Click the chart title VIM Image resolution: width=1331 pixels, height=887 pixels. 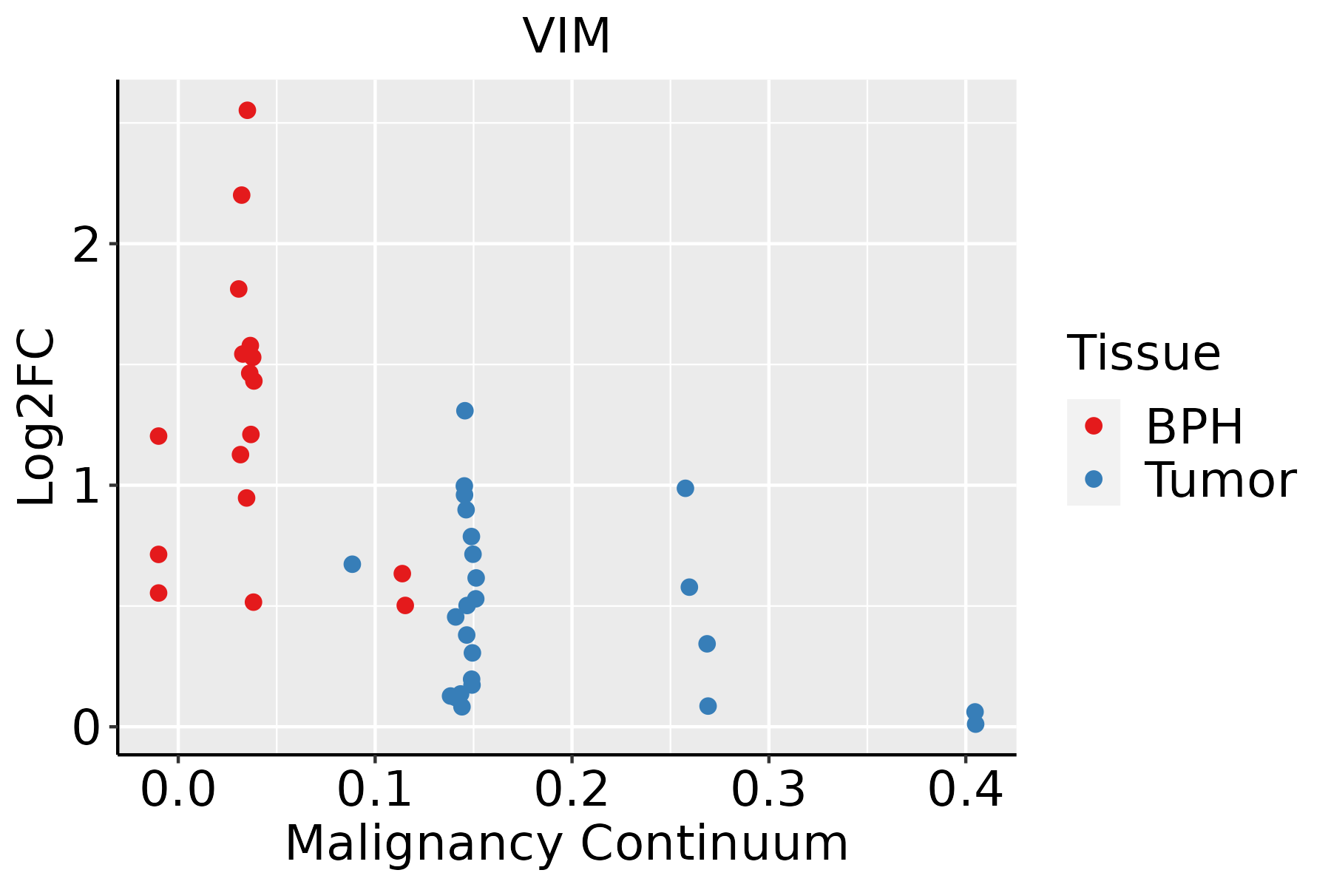566,36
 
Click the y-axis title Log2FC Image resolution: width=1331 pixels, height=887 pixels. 37,417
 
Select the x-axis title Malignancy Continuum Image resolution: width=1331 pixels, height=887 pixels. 566,843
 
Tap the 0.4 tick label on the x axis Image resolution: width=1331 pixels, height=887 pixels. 965,791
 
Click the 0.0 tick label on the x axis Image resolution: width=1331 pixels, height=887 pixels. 177,791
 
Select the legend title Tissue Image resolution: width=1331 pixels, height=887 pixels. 1144,353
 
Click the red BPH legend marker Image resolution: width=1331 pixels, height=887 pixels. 1093,425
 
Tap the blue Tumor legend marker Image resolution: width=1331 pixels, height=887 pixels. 1093,479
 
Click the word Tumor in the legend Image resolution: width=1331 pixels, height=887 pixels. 1220,480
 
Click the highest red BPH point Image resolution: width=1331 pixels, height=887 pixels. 247,110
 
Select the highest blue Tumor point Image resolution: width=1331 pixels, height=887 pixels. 464,410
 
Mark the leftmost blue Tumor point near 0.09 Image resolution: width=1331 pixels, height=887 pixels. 352,564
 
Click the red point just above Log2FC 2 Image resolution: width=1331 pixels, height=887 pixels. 241,195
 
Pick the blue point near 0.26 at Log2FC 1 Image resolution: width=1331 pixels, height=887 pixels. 685,488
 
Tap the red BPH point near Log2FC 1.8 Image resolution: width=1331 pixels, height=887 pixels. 238,288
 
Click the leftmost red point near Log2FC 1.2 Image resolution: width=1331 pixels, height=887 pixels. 158,435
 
